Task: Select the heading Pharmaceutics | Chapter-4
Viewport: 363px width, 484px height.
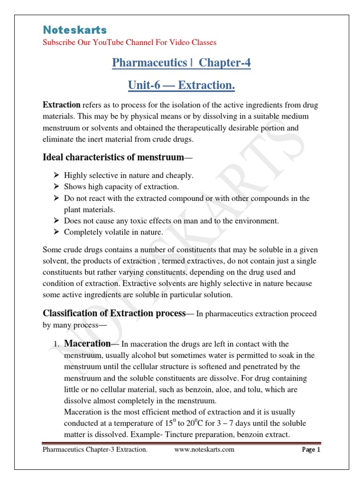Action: pos(181,63)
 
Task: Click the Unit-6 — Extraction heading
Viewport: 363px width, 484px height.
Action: pos(181,86)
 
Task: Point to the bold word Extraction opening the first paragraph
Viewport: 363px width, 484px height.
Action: pos(61,104)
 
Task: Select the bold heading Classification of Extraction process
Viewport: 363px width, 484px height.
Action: pos(114,313)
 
